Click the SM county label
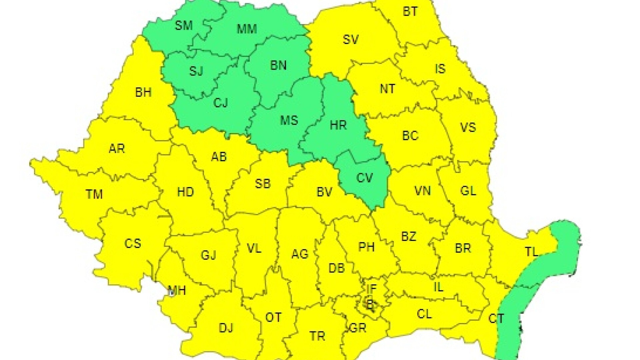(184, 25)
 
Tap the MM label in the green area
(247, 29)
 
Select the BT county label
(410, 12)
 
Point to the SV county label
(351, 40)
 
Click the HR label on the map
(338, 125)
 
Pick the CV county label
(364, 178)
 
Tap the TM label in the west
(94, 194)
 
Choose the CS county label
(133, 243)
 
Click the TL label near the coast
(532, 252)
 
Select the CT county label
(496, 319)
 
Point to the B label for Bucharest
(369, 304)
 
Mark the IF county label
(371, 289)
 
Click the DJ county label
(226, 328)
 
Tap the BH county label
(143, 92)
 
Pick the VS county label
(468, 127)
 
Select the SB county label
(263, 184)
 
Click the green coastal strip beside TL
(563, 247)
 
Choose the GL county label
(468, 191)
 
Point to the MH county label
(177, 290)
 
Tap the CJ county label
(220, 103)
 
